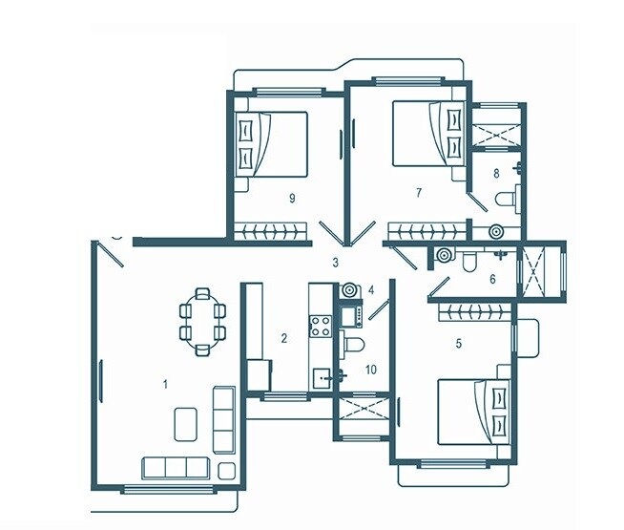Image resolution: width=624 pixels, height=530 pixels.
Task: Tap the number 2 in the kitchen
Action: (x=283, y=337)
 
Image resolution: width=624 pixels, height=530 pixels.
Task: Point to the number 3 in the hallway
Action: (x=335, y=262)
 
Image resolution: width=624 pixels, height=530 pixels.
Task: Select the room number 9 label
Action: (x=290, y=198)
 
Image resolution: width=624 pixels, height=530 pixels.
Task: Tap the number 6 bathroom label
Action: (x=492, y=280)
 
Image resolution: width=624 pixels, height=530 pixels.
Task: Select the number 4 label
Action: (x=372, y=288)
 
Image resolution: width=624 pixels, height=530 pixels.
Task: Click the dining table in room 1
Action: (x=202, y=320)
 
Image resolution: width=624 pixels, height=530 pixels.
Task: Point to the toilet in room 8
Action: (x=505, y=200)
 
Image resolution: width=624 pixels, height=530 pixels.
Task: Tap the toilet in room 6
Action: (x=470, y=262)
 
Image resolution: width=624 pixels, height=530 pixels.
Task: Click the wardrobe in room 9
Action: (x=272, y=230)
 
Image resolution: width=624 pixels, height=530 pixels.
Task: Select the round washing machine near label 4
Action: (x=349, y=288)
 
